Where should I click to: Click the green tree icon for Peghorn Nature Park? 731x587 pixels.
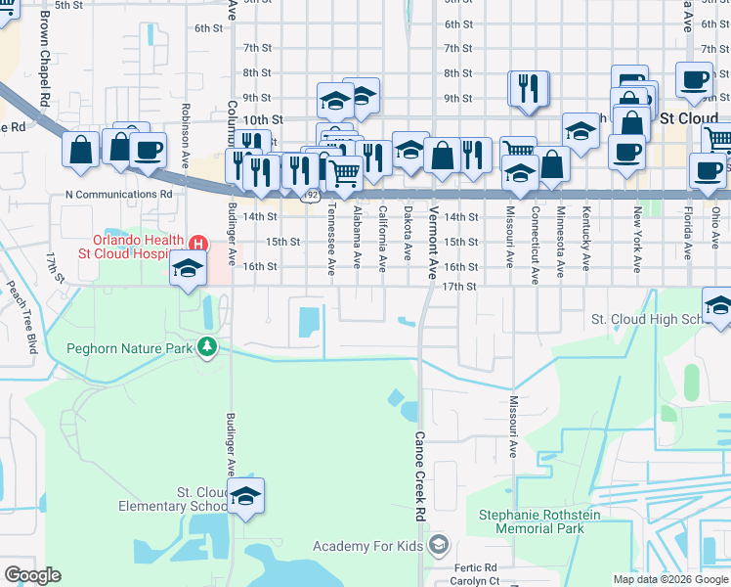207,346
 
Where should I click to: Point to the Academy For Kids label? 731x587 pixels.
370,545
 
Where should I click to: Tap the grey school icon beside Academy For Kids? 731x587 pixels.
439,544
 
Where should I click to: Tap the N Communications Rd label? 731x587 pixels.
118,194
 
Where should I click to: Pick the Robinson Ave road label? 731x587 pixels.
184,133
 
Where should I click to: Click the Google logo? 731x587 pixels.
32,575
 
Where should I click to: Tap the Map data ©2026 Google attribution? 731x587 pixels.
670,579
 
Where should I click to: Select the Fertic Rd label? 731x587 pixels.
476,567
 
